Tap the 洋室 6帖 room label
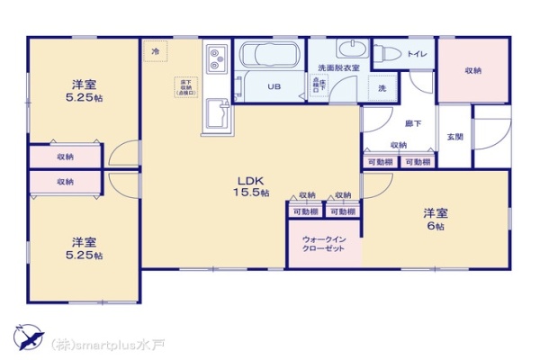[436, 220]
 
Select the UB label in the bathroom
[274, 86]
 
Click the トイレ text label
[416, 54]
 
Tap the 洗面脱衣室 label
[338, 68]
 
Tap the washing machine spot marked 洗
[382, 88]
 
